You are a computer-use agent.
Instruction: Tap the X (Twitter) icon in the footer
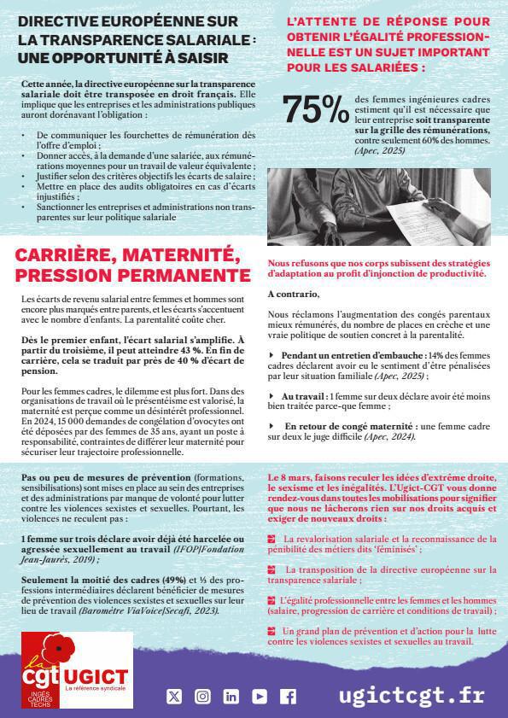click(174, 697)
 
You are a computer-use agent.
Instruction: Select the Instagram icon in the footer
click(202, 697)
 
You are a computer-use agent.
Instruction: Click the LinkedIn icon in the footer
click(231, 697)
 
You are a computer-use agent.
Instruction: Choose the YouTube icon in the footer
click(260, 697)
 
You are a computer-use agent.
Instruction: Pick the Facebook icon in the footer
click(289, 697)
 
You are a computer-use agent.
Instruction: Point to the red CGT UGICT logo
click(74, 671)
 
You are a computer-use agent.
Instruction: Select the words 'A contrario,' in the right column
click(293, 294)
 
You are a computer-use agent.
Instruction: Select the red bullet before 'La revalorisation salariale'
click(272, 539)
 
